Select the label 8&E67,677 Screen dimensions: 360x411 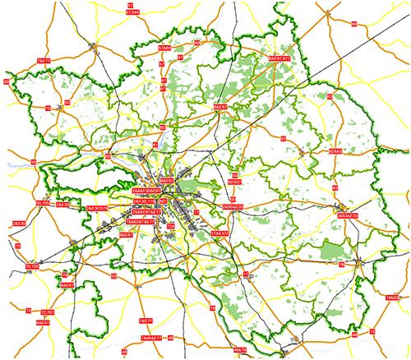pos(280,59)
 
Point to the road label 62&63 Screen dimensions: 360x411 pos(336,152)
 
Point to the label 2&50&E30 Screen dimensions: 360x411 pos(232,206)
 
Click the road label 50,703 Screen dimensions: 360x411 pos(42,202)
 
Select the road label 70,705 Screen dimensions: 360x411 pos(32,267)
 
